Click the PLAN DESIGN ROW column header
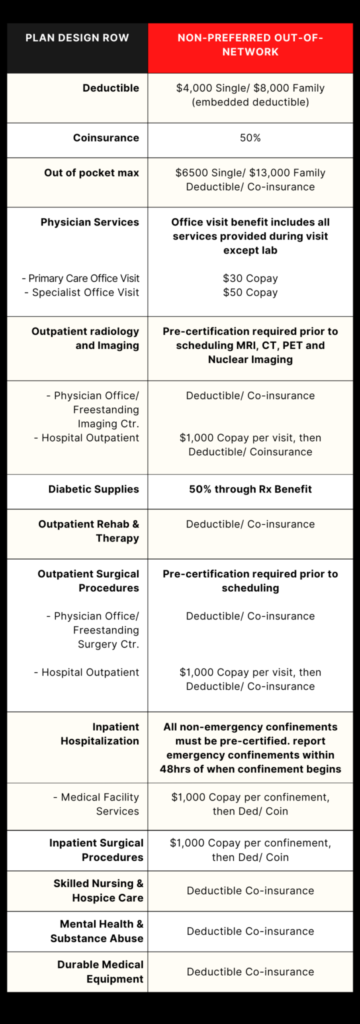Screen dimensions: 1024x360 pyautogui.click(x=77, y=38)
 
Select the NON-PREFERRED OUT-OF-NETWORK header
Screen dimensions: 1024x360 pyautogui.click(x=250, y=45)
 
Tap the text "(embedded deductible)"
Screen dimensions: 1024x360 pyautogui.click(x=250, y=102)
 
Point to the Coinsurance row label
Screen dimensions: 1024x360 pyautogui.click(x=106, y=138)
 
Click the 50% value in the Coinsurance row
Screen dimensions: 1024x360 pyautogui.click(x=250, y=138)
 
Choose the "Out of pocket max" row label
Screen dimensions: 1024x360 pyautogui.click(x=91, y=173)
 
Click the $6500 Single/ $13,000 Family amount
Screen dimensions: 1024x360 pyautogui.click(x=250, y=173)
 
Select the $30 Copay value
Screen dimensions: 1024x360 pyautogui.click(x=250, y=278)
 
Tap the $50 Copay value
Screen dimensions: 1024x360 pyautogui.click(x=250, y=292)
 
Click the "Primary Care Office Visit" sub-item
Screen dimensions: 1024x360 pyautogui.click(x=81, y=278)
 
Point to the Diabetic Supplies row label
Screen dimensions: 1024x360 pyautogui.click(x=93, y=489)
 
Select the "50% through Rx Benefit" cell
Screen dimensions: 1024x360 pyautogui.click(x=250, y=489)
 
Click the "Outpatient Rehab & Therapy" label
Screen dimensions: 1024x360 pyautogui.click(x=89, y=531)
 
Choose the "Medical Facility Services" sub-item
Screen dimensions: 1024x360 pyautogui.click(x=96, y=804)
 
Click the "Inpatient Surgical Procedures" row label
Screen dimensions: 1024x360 pyautogui.click(x=96, y=850)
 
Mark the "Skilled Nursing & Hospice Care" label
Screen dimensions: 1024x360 pyautogui.click(x=98, y=890)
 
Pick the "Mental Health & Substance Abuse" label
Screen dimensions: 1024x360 pyautogui.click(x=97, y=931)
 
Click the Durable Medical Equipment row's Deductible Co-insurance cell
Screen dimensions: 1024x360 pyautogui.click(x=250, y=972)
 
